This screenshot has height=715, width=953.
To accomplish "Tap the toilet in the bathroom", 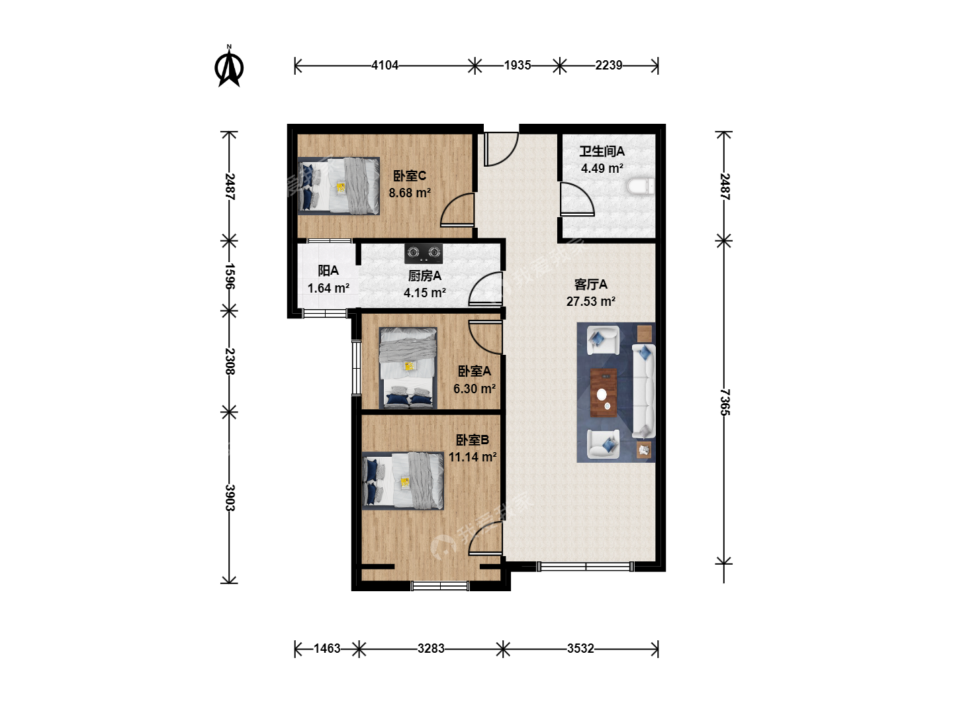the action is (x=641, y=187).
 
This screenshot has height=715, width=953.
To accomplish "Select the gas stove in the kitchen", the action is (x=424, y=253).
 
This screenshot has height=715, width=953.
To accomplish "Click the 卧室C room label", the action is (x=410, y=176).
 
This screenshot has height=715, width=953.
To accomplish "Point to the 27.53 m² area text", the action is (x=590, y=301).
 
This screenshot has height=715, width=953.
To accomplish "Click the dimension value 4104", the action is (x=385, y=65).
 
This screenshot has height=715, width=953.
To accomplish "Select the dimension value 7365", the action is (x=725, y=402).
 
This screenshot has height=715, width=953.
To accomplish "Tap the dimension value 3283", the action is (x=431, y=648).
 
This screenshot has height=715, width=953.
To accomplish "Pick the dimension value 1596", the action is (x=230, y=276).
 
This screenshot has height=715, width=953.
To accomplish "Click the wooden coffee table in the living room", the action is (x=603, y=393).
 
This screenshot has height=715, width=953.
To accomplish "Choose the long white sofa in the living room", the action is (x=643, y=391).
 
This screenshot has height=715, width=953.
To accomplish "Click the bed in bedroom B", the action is (x=403, y=481).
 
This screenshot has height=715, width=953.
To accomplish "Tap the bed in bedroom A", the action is (x=408, y=368).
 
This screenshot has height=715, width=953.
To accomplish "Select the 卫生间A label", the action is (x=602, y=151).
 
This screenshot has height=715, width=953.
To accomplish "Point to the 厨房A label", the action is (x=425, y=275).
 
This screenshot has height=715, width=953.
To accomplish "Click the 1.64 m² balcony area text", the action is (x=328, y=288).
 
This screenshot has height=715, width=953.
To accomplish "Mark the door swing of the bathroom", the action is (x=577, y=199).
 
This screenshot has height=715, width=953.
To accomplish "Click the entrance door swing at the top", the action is (x=502, y=149).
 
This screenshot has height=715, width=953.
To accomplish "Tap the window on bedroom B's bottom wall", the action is (x=440, y=586).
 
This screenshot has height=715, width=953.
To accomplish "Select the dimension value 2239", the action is (x=608, y=65).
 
